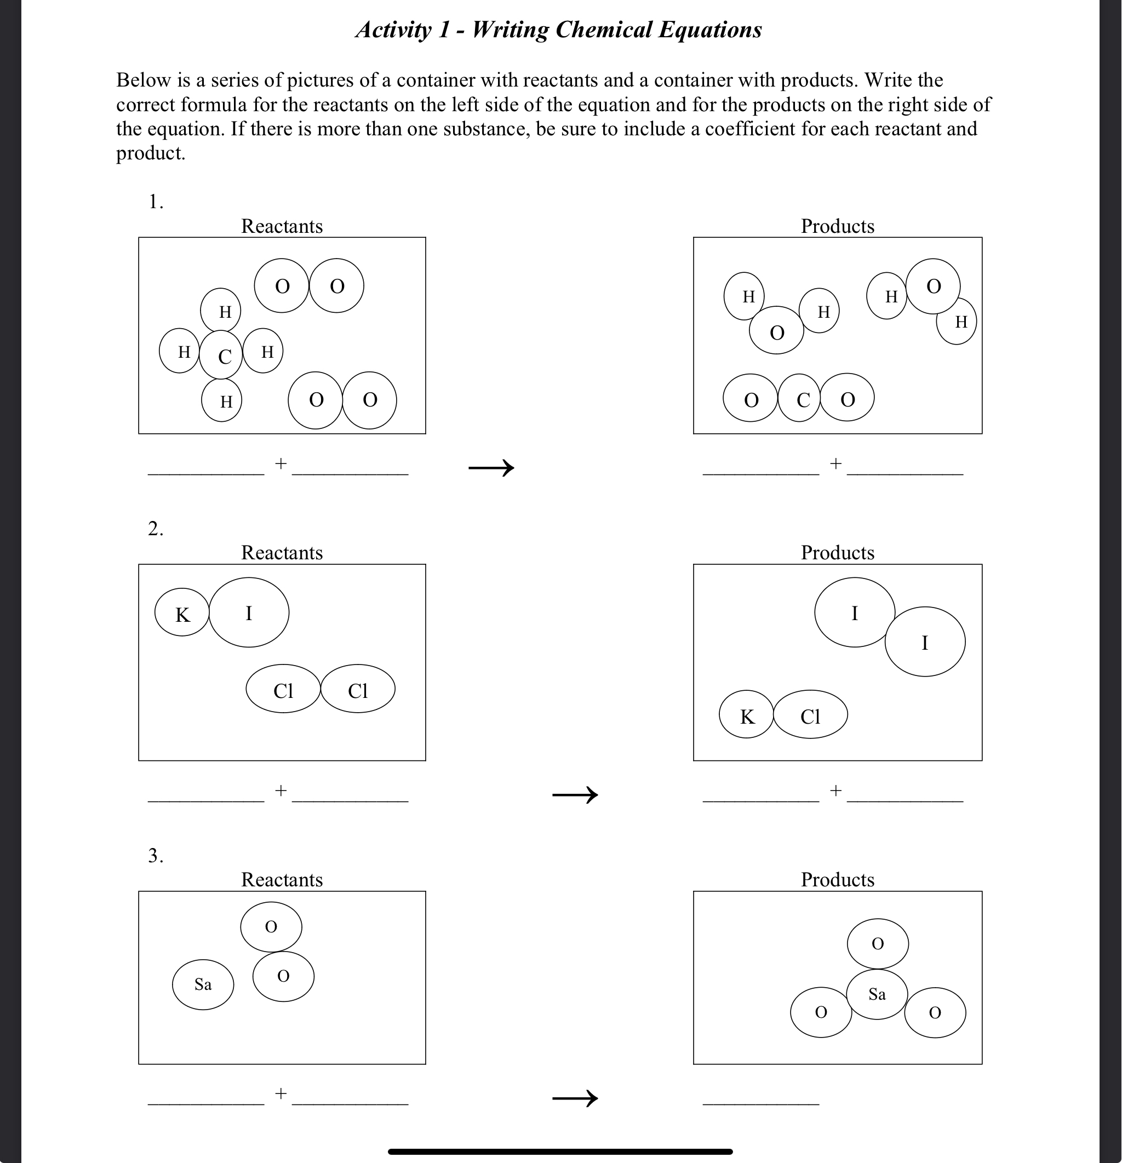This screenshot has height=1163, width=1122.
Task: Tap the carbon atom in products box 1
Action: point(799,398)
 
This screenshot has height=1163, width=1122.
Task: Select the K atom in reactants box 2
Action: point(181,612)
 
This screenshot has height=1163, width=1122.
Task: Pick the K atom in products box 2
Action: point(746,714)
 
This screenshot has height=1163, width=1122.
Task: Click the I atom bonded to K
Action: point(249,612)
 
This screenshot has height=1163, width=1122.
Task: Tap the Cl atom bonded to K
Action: point(810,714)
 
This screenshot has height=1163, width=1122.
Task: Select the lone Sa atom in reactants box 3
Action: point(203,985)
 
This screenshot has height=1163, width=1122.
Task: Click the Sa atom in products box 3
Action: point(877,994)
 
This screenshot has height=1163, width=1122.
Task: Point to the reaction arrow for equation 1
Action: point(491,468)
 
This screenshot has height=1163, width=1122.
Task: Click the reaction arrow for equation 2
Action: point(575,794)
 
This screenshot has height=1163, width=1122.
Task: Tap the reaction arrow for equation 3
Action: point(575,1098)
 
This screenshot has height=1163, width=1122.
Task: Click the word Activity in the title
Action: point(393,30)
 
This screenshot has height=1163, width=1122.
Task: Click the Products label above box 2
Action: point(837,552)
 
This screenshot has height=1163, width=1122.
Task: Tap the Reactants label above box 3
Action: point(282,879)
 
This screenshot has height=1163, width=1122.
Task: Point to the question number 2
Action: point(156,528)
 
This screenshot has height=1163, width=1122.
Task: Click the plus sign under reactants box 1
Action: point(280,463)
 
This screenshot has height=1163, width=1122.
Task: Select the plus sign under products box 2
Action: point(835,790)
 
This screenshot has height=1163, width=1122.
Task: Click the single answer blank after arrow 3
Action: point(760,1104)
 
